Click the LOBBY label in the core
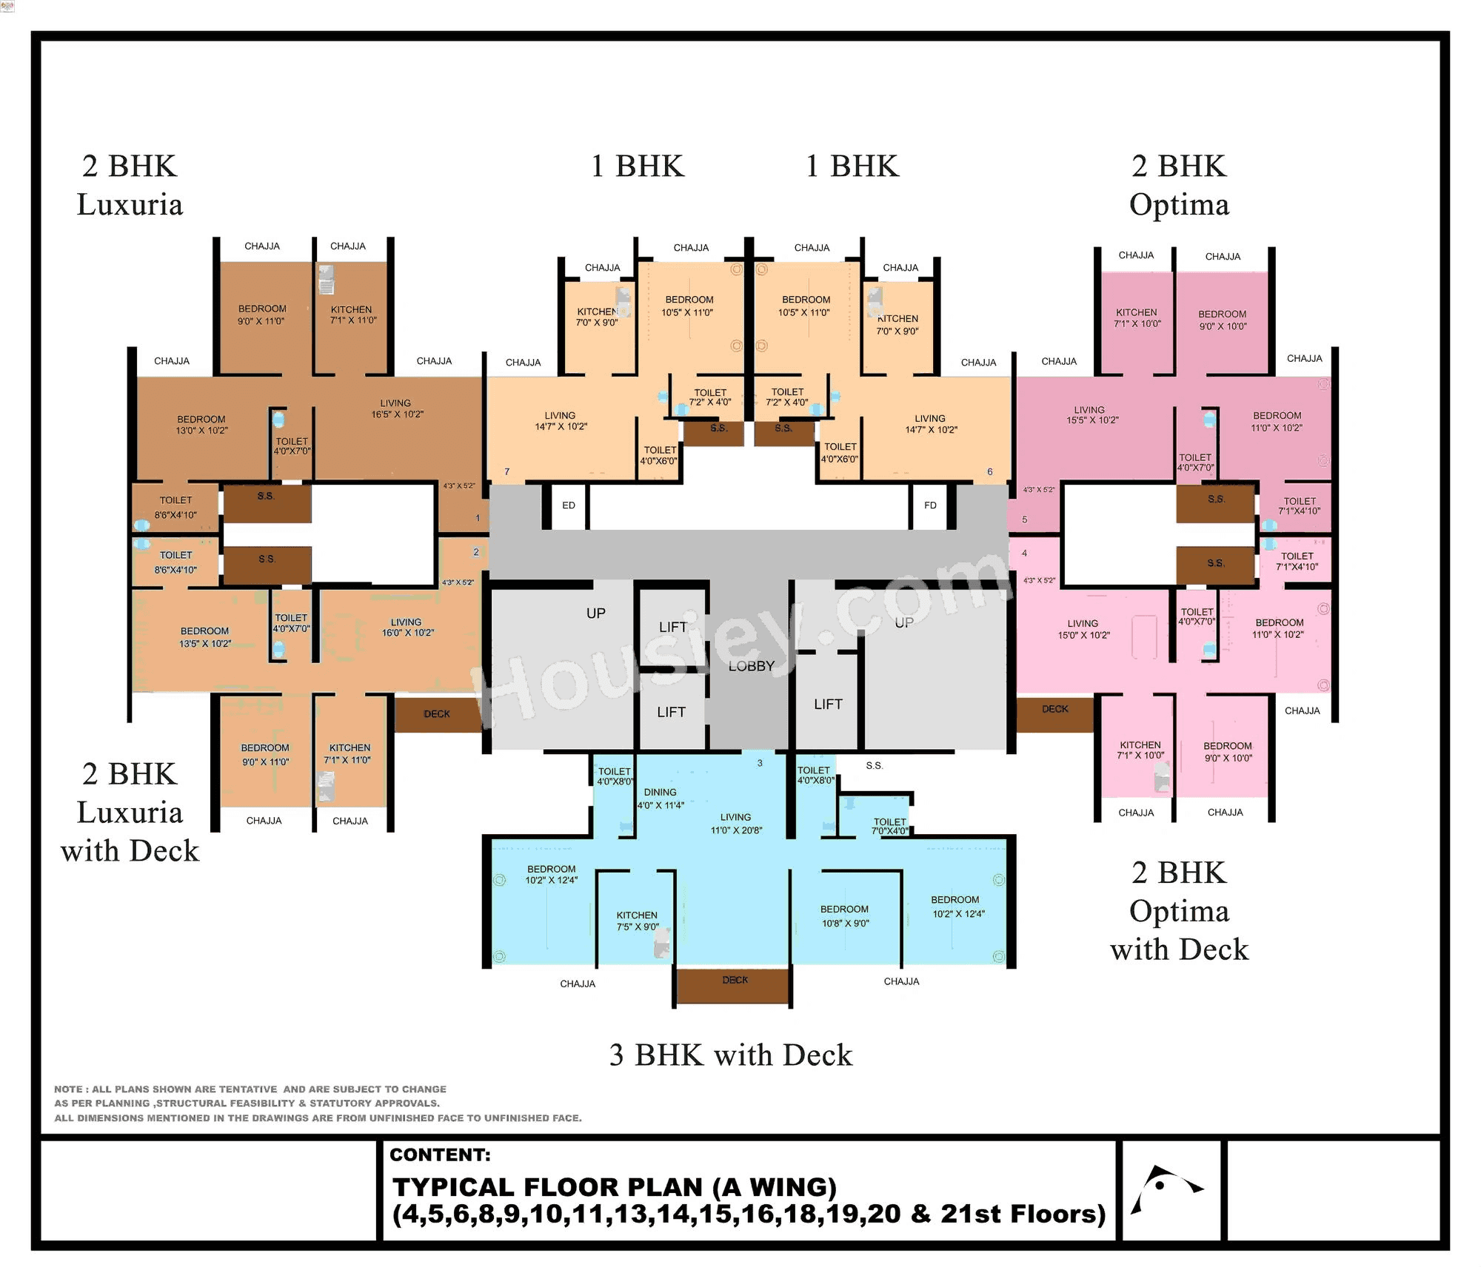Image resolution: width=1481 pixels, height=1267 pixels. [751, 666]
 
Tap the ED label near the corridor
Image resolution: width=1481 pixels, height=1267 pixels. [568, 505]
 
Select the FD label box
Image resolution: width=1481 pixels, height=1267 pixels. [930, 505]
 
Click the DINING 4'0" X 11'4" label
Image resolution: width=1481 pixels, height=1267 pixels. [660, 799]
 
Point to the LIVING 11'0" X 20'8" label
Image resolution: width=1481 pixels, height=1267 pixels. [735, 823]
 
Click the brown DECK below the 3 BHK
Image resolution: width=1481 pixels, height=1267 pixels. [734, 985]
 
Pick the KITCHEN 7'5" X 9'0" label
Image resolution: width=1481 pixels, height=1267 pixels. [637, 921]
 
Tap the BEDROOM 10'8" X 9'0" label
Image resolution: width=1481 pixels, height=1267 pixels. [844, 916]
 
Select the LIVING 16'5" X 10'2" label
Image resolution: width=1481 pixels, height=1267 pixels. [396, 409]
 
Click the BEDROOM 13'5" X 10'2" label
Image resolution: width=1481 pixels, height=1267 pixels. [204, 637]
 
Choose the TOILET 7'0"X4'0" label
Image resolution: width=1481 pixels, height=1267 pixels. [889, 826]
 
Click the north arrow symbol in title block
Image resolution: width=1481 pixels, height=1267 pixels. [1167, 1188]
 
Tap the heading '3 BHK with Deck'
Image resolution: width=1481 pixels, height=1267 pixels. [730, 1055]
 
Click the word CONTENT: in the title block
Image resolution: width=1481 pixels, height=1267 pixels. [440, 1155]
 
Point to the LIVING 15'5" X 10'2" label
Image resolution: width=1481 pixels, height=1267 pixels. [1091, 414]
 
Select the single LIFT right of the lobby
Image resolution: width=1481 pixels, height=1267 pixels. [827, 704]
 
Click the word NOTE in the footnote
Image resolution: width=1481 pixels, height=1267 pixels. [68, 1089]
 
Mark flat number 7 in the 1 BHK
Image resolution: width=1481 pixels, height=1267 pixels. [507, 471]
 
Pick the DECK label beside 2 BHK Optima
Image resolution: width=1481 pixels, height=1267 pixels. [1054, 709]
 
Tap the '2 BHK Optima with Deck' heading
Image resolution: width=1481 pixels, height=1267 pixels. [1179, 910]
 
